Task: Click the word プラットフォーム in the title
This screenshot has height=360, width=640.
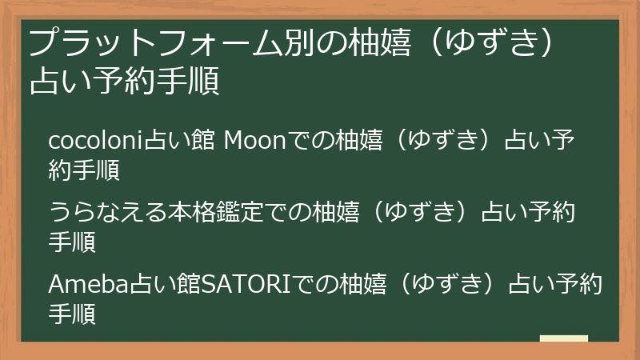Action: (155, 42)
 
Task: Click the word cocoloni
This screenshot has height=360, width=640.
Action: (96, 140)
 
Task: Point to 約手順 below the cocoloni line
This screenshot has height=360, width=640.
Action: (84, 170)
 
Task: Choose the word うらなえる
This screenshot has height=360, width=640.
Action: (108, 212)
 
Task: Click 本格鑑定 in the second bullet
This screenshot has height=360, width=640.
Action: (215, 212)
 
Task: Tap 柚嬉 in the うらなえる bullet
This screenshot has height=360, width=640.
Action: (335, 212)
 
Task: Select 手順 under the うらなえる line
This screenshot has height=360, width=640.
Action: (72, 242)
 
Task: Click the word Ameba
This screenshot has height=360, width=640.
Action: (89, 284)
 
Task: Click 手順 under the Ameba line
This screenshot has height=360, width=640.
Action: (72, 314)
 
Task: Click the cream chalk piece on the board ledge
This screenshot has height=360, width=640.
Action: (564, 338)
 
